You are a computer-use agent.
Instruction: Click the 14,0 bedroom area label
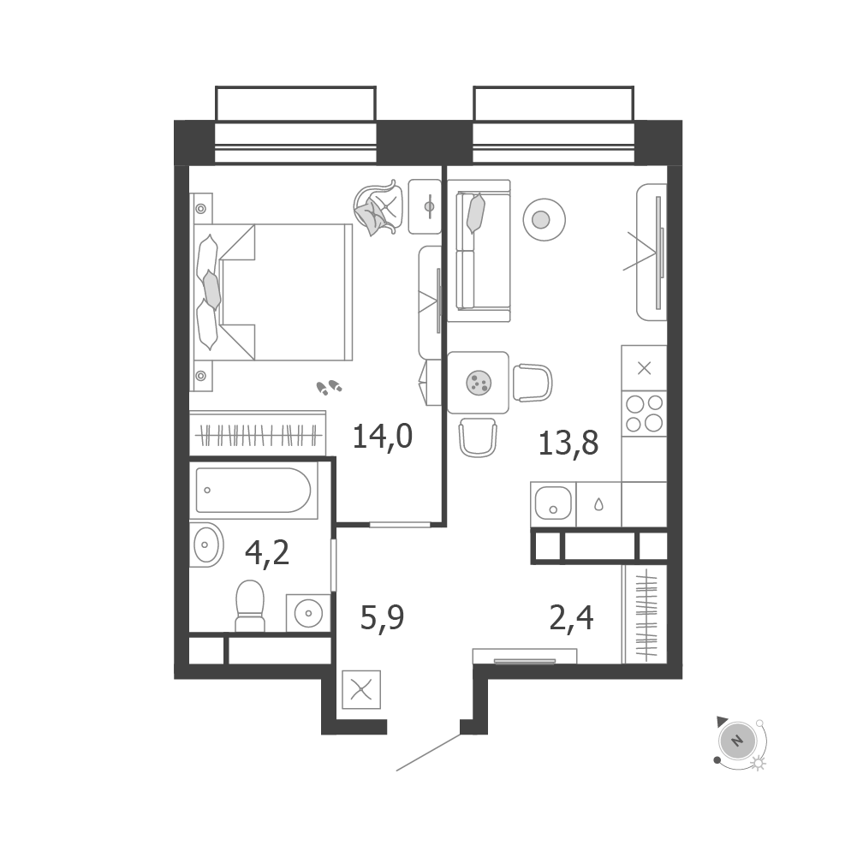383,437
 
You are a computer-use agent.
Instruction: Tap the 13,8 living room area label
568,443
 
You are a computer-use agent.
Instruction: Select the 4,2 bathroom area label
266,553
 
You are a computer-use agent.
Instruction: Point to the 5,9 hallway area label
381,616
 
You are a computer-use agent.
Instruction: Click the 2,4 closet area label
571,616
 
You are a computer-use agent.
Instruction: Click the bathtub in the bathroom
253,490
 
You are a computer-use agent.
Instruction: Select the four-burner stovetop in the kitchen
644,414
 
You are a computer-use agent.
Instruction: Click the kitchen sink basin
552,504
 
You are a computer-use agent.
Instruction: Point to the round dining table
478,381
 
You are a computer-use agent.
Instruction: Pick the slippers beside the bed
329,388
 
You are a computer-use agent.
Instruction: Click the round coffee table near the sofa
540,220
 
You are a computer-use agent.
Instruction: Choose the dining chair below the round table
478,437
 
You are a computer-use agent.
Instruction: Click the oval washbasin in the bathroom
205,544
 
